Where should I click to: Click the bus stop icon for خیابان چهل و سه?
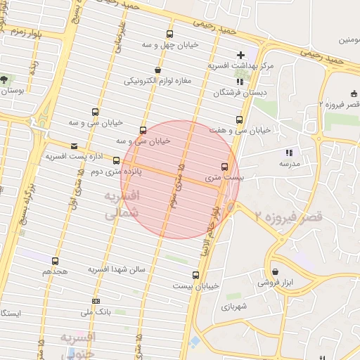click(x=169, y=34)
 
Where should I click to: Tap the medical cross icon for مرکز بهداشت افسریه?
click(x=240, y=55)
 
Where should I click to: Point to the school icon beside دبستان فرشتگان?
click(x=240, y=82)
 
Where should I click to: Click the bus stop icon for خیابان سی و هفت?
click(x=239, y=120)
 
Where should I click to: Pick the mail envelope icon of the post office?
click(x=74, y=146)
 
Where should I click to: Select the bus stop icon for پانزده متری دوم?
click(x=116, y=161)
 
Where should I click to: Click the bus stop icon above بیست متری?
click(x=224, y=167)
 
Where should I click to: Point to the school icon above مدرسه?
click(x=288, y=153)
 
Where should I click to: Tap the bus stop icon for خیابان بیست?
click(x=195, y=275)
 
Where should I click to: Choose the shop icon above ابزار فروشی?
click(x=274, y=271)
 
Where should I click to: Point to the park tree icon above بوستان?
click(x=5, y=80)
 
